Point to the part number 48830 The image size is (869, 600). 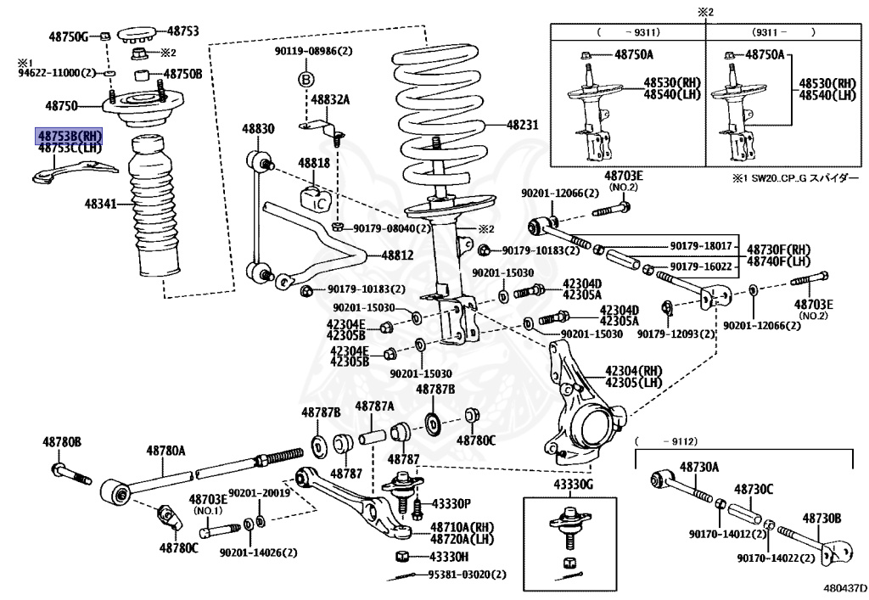tap(257, 128)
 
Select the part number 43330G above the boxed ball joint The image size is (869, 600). tap(575, 484)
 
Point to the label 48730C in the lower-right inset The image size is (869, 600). tap(754, 490)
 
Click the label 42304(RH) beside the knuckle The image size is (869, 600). tap(632, 371)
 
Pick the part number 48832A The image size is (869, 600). tap(330, 99)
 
